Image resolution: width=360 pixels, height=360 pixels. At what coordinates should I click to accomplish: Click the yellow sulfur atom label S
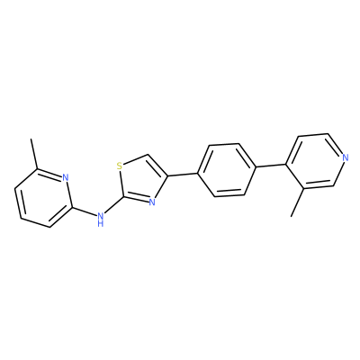tap(120, 166)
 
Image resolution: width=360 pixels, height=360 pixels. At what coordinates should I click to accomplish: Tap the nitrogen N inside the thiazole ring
tap(152, 202)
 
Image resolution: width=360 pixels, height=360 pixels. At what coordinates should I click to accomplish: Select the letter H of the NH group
tap(101, 223)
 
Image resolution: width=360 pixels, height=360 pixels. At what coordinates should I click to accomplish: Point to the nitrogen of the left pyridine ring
tap(66, 177)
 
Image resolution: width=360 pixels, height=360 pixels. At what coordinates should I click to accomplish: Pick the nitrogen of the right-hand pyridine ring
tap(346, 157)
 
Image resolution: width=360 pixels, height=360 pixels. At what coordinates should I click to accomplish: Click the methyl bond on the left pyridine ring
tap(34, 154)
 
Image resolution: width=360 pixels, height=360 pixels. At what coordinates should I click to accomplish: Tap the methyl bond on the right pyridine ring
tap(298, 202)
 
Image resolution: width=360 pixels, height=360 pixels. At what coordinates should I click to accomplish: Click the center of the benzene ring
tap(227, 170)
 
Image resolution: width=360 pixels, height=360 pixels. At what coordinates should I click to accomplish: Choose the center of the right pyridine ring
tap(315, 161)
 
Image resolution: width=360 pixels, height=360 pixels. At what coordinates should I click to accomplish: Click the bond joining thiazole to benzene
tap(183, 175)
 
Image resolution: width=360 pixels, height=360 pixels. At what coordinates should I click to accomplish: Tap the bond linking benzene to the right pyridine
tap(270, 166)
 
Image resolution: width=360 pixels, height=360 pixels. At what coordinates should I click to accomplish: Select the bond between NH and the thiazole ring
tap(114, 205)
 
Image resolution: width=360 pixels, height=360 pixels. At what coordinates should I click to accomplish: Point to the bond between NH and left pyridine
tap(85, 211)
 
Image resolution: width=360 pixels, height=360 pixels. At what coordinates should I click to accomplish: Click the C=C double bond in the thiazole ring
tap(157, 166)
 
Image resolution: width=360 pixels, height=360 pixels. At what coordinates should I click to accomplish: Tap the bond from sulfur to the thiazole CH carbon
tap(135, 160)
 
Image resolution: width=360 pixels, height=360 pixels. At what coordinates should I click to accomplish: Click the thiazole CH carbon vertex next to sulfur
tap(148, 155)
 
